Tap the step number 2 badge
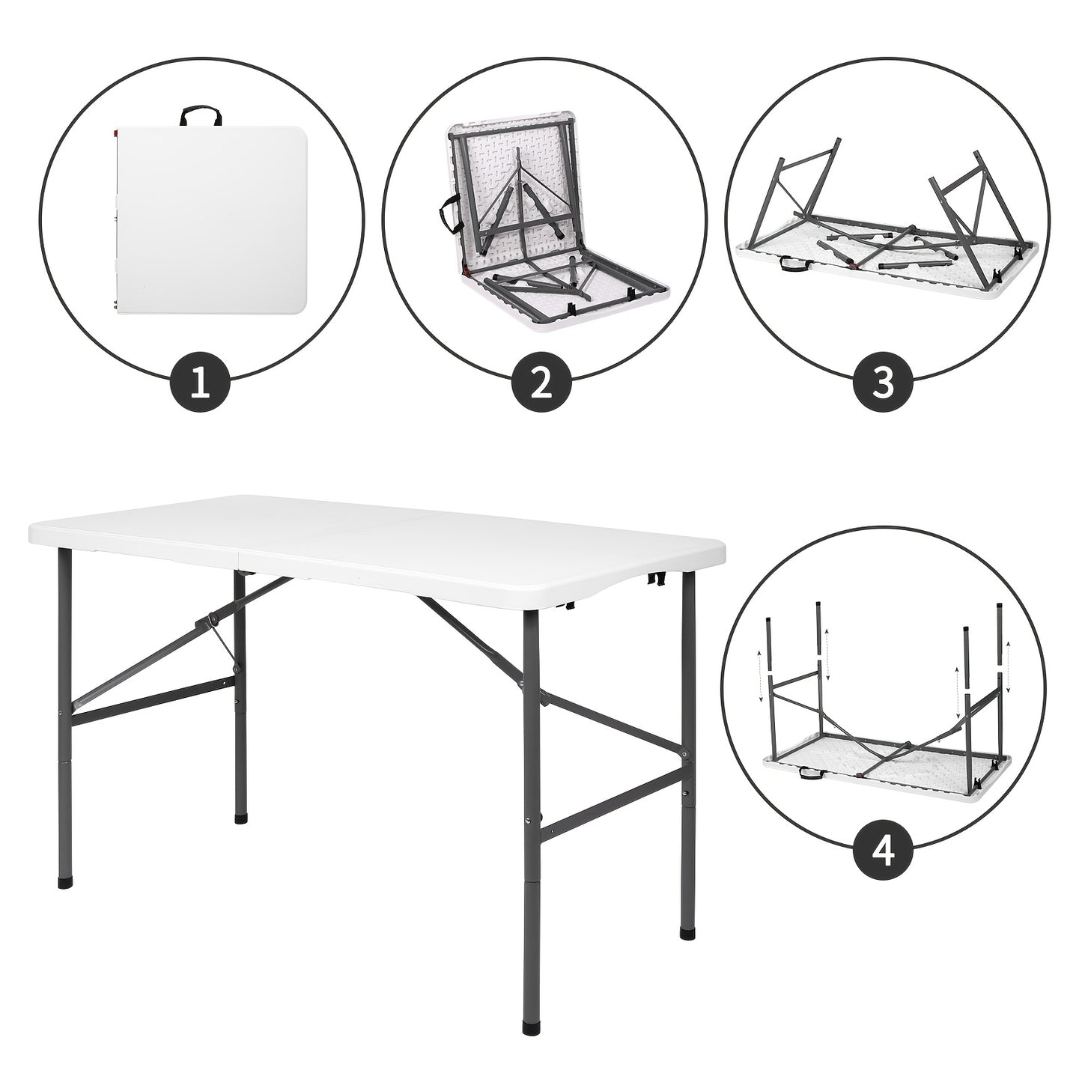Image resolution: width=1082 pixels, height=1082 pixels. click(542, 386)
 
